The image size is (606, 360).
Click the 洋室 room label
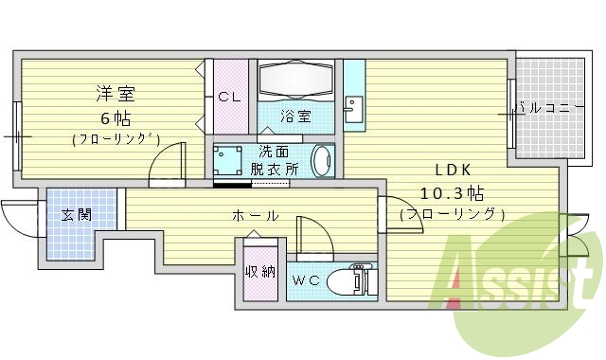(114, 94)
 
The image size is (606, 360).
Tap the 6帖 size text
(115, 118)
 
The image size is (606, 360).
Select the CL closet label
(228, 98)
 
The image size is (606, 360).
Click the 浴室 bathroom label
(294, 117)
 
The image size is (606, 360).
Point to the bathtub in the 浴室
(294, 81)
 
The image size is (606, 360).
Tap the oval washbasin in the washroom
(323, 159)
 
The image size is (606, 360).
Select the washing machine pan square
(229, 160)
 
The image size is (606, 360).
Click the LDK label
(452, 171)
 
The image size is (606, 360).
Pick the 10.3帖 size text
(452, 193)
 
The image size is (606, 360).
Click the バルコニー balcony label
(549, 109)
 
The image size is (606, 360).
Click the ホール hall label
(256, 216)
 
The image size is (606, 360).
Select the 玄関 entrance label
(77, 215)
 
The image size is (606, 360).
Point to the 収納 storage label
(259, 272)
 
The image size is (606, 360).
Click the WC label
(305, 280)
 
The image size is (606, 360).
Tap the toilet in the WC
(353, 280)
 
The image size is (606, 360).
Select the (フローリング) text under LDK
(452, 215)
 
